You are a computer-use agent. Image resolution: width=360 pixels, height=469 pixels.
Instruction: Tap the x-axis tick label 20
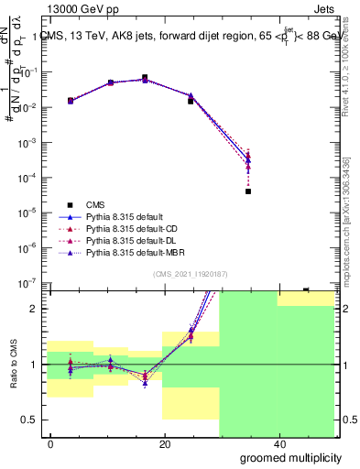pos(164,444)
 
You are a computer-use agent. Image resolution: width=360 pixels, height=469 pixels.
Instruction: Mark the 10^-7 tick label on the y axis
pos(29,282)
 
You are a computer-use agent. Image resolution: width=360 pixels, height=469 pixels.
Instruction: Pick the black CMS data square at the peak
pos(145,78)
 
